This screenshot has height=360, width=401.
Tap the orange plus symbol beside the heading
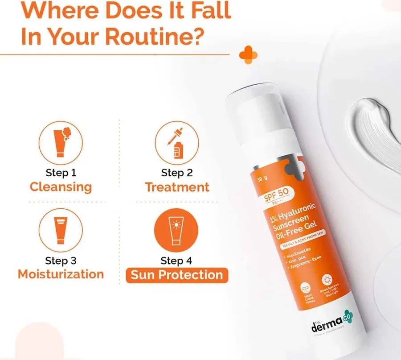click(x=248, y=54)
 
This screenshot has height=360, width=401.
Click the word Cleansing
click(x=61, y=186)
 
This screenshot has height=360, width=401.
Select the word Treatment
click(x=177, y=186)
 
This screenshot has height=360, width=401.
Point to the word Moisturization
click(x=61, y=274)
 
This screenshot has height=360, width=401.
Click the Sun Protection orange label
click(x=177, y=275)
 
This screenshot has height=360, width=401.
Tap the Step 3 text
click(x=61, y=260)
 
